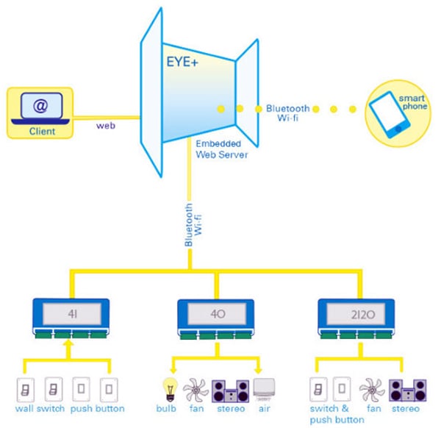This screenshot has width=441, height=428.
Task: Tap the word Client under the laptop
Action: pos(42,132)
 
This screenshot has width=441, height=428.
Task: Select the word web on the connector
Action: pos(106,126)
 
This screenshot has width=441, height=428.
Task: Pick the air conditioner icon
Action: pos(265,388)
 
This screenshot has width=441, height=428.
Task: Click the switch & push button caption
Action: pos(334,413)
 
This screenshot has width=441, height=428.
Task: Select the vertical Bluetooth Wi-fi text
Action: pos(192,224)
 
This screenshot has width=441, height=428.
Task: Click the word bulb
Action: pos(167,408)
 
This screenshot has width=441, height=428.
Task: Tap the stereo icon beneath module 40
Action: pos(230,389)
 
